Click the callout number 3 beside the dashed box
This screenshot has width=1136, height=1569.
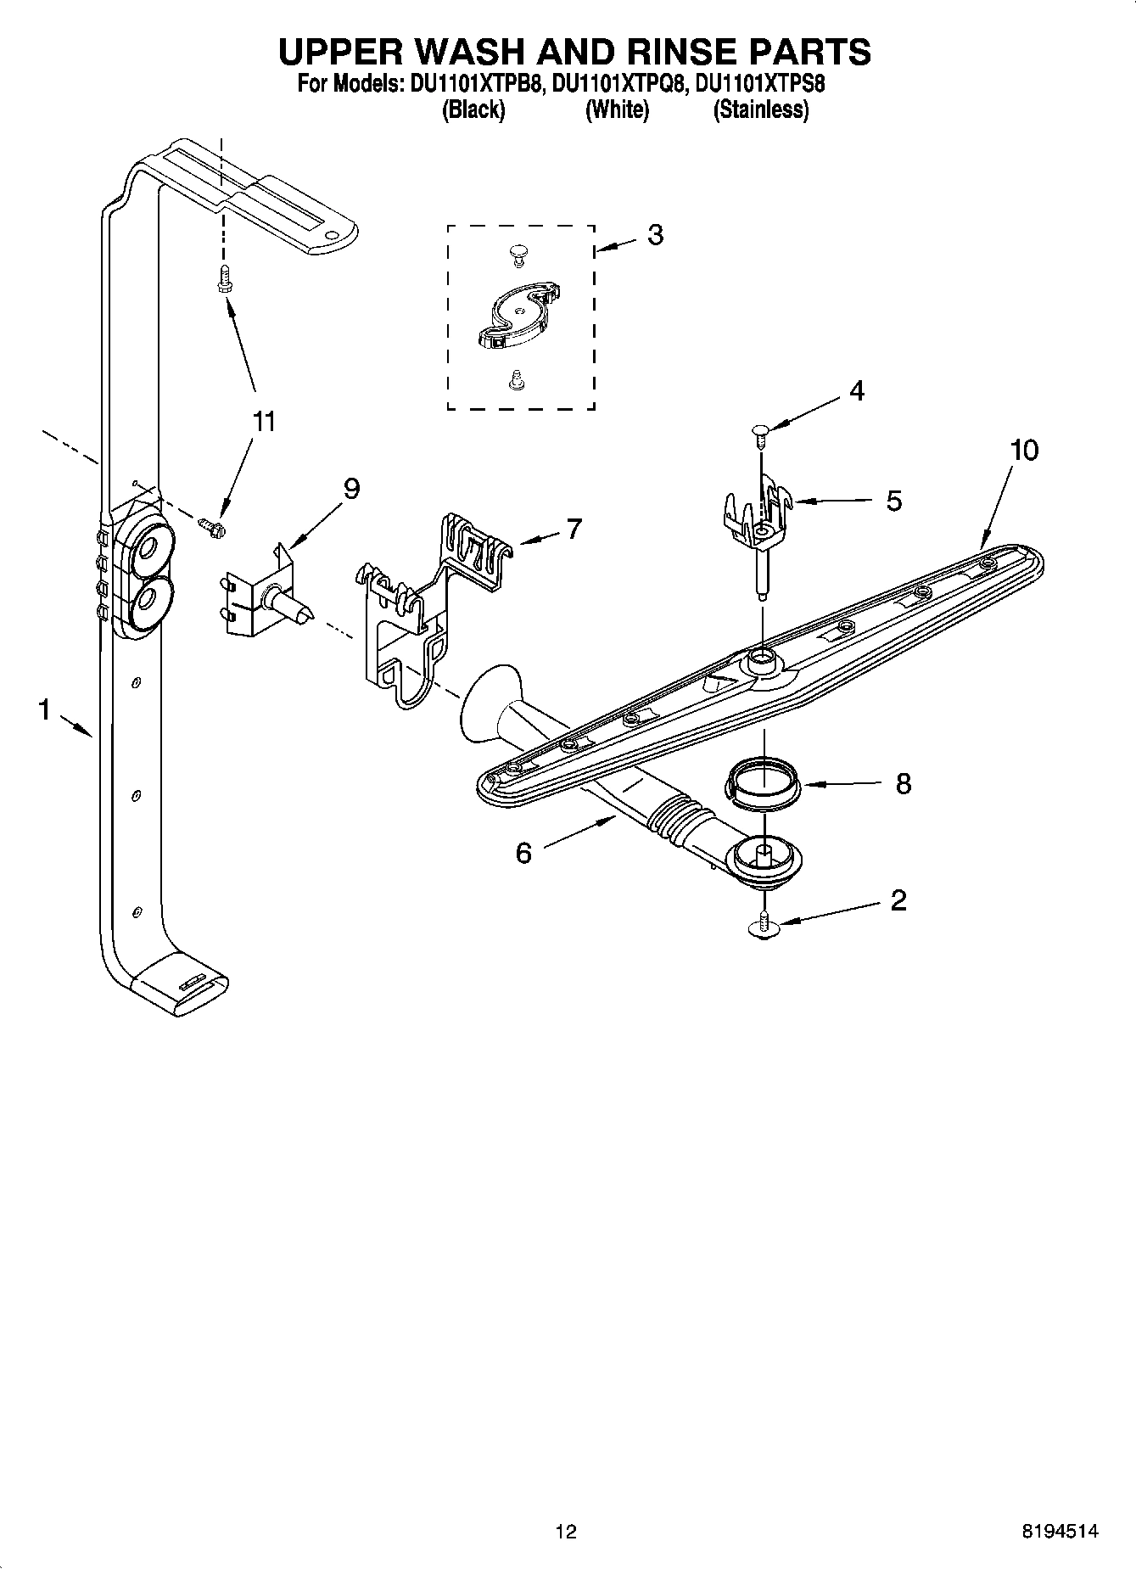[x=655, y=235]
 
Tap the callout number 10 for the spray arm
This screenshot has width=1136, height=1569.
[x=1024, y=451]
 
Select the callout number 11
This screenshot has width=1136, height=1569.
[x=265, y=422]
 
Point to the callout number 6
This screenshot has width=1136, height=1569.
[x=523, y=853]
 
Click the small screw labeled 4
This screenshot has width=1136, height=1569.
[x=758, y=436]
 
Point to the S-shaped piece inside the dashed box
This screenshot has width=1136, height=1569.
[x=516, y=316]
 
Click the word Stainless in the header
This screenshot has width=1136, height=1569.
[x=760, y=110]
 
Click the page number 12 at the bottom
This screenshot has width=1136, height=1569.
[x=566, y=1531]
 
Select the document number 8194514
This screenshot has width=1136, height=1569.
[x=1059, y=1531]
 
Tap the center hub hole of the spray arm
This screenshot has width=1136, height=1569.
[x=760, y=658]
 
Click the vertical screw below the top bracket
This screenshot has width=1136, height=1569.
[x=223, y=277]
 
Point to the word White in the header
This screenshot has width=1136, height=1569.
[x=617, y=110]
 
